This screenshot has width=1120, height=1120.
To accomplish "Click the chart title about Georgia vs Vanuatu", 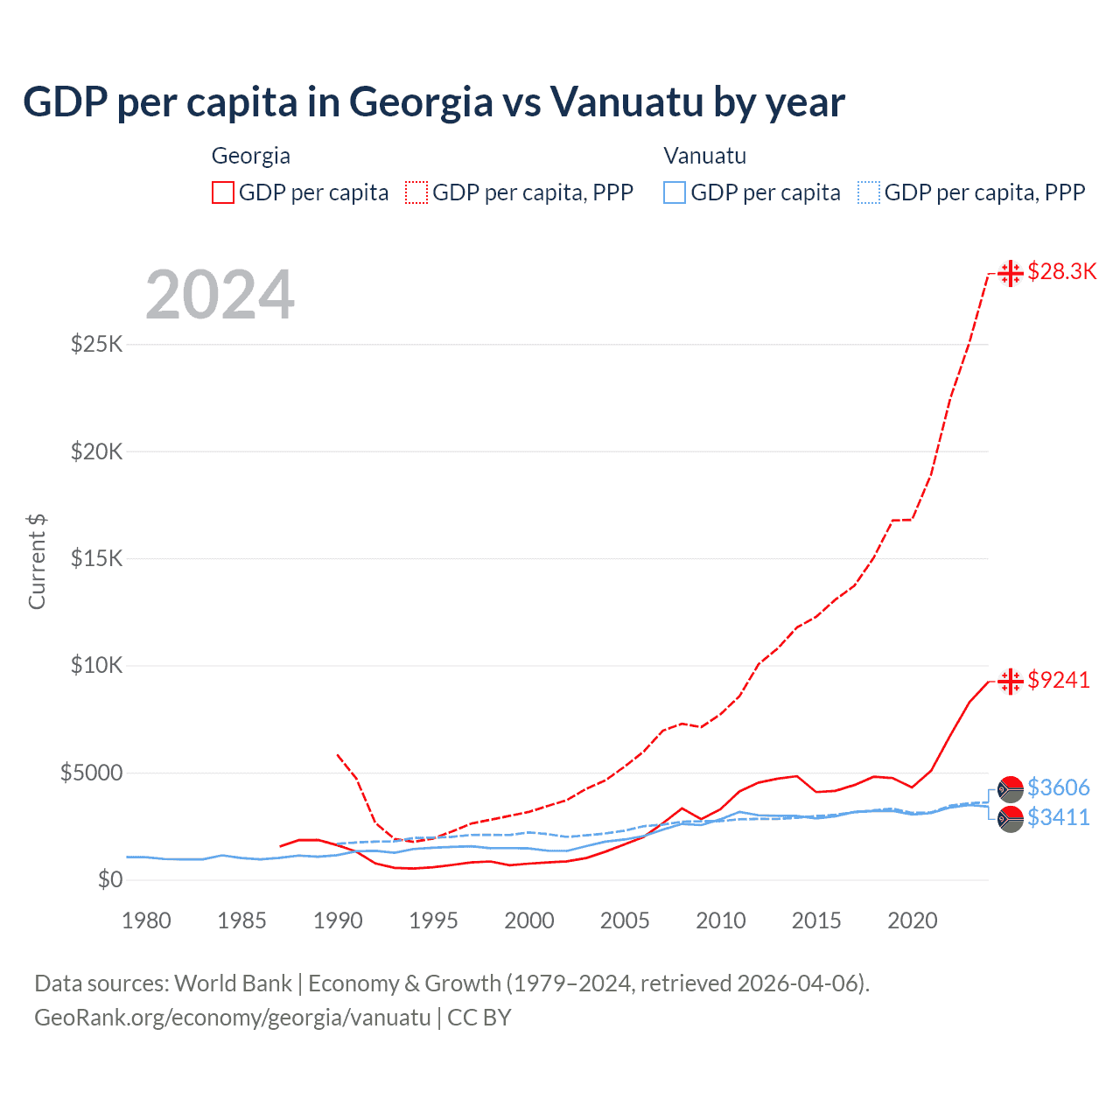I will (x=434, y=101).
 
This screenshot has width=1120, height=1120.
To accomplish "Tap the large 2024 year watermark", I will (x=220, y=295).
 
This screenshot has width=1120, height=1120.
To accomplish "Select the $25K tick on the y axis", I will (x=96, y=344).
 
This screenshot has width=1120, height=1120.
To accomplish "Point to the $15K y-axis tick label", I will (x=96, y=558).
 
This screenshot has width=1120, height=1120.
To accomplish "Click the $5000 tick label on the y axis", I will (x=91, y=773).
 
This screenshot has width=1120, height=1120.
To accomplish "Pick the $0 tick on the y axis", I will (x=109, y=879).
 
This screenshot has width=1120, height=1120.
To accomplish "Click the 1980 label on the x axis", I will (x=146, y=920).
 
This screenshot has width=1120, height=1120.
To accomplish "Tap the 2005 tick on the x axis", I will (x=625, y=920).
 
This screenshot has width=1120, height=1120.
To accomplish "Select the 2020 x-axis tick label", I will (x=912, y=920).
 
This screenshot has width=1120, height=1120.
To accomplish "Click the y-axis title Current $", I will (x=37, y=562).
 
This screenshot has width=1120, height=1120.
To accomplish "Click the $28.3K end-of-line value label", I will (x=1061, y=272).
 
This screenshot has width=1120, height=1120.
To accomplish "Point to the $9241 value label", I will (x=1059, y=680).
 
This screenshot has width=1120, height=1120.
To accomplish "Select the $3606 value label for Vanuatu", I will (x=1059, y=787).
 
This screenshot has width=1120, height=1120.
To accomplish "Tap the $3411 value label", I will (x=1059, y=817).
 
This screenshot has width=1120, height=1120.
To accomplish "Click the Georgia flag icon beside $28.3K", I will (x=1011, y=273).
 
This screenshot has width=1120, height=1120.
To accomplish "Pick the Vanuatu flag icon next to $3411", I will (x=1011, y=819).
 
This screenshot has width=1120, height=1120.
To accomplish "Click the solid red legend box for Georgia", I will (x=223, y=192).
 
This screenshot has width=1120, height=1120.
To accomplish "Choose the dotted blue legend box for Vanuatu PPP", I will (x=869, y=192).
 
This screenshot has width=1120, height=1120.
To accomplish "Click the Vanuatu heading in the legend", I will (x=704, y=156).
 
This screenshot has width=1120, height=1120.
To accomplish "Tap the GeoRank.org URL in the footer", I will (x=233, y=1018).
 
